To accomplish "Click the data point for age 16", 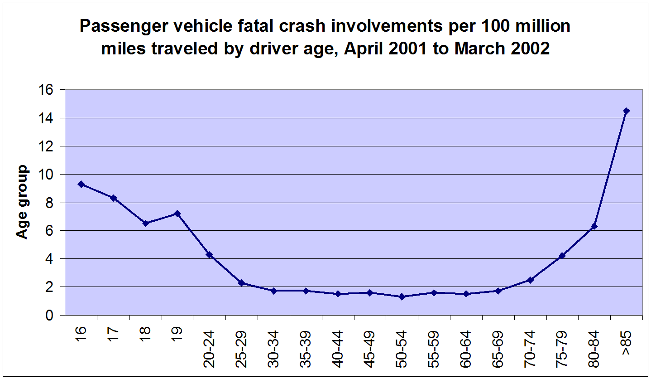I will tap(81, 184).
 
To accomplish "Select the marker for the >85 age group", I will tap(627, 111).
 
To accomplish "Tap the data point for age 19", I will tap(177, 214).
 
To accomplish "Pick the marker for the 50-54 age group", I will tap(402, 296).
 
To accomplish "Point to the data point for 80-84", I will tap(594, 226).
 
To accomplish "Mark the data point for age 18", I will tap(145, 224).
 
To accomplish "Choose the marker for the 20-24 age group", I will tap(210, 255).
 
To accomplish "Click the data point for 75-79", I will tap(562, 256).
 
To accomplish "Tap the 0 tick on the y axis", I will tap(49, 315).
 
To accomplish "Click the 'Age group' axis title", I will tap(22, 202).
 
